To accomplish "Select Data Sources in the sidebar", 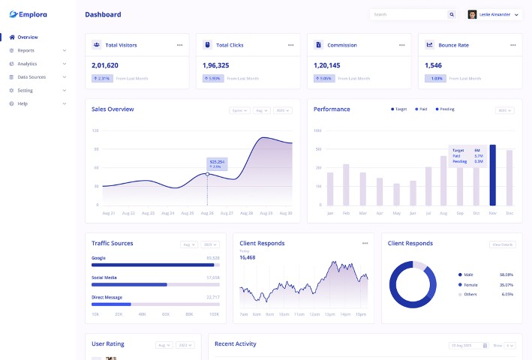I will pos(32,76).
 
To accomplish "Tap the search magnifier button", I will pos(452,14).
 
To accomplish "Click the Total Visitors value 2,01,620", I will pos(105,65).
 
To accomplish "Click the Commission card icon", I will pos(318,45).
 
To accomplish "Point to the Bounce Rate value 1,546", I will pos(433,65).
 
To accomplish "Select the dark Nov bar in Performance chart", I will pos(492,175).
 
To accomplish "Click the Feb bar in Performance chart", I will pos(346,184).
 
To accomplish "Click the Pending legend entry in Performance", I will pos(446,109).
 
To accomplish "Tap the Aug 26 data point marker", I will pos(208,174).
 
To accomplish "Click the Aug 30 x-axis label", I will pos(285,213).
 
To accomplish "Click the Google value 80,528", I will pos(212,257).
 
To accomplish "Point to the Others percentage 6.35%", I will pos(506,294).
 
